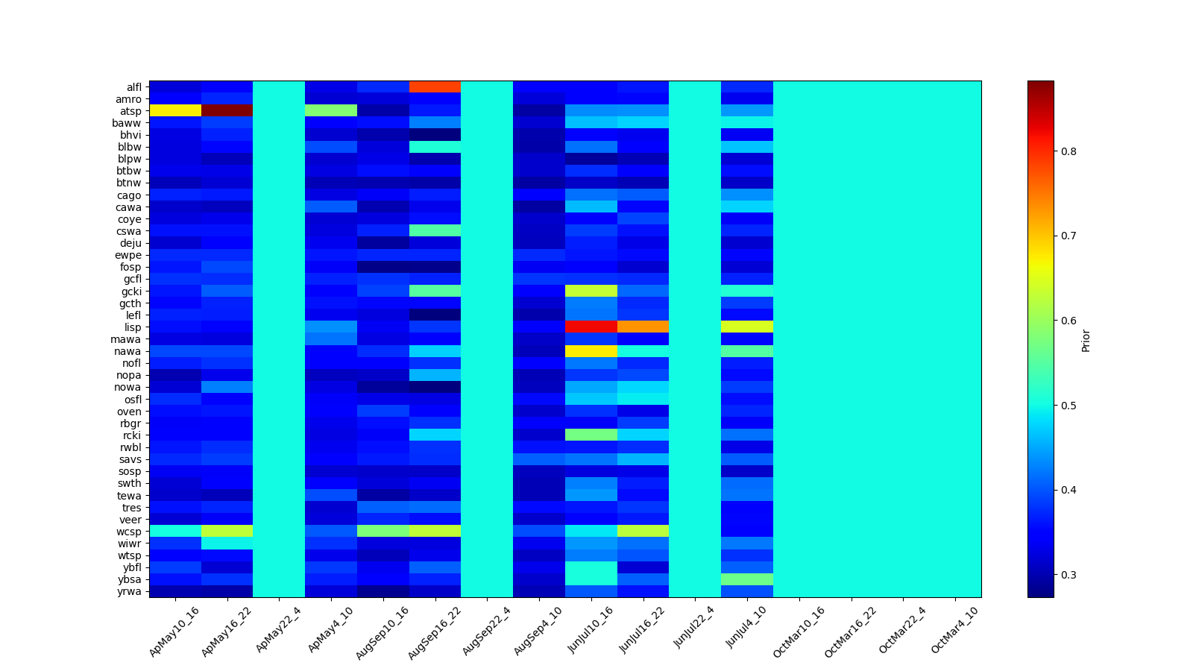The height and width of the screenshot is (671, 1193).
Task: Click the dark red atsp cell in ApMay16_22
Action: pyautogui.click(x=227, y=111)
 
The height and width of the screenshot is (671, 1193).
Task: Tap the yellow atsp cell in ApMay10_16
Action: pyautogui.click(x=175, y=111)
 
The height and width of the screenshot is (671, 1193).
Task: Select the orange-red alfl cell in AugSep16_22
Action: pyautogui.click(x=435, y=86)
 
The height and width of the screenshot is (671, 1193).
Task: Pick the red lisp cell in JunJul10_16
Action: pyautogui.click(x=591, y=327)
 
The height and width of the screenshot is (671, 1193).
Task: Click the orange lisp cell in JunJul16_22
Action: pyautogui.click(x=643, y=327)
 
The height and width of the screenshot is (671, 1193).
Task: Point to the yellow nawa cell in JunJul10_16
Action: pyautogui.click(x=591, y=351)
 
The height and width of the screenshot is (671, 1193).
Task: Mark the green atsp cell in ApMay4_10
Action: pyautogui.click(x=331, y=111)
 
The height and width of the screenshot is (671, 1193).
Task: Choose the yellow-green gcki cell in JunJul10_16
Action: pyautogui.click(x=591, y=291)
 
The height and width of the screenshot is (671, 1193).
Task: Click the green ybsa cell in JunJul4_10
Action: pyautogui.click(x=747, y=579)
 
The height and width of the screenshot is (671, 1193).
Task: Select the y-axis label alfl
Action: pyautogui.click(x=133, y=87)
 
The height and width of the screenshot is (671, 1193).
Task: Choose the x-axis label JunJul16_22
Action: pyautogui.click(x=643, y=630)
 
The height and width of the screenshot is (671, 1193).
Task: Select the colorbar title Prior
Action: pyautogui.click(x=1086, y=339)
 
